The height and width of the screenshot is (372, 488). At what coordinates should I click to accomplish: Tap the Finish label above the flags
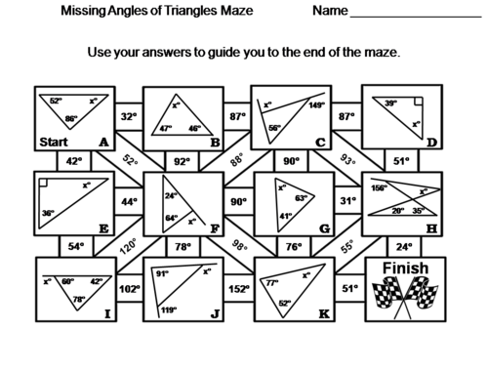coord(403,267)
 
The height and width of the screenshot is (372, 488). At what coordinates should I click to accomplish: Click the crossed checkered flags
coord(403,296)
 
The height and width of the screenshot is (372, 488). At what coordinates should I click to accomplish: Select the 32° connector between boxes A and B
coord(127,116)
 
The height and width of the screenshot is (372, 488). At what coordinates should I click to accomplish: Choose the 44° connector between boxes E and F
coord(127,202)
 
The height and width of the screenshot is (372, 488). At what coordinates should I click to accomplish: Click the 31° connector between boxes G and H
coord(346,202)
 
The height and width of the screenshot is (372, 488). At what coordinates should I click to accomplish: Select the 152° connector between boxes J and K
coord(236,288)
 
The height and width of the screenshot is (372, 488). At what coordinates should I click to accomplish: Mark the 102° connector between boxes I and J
coord(127,288)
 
